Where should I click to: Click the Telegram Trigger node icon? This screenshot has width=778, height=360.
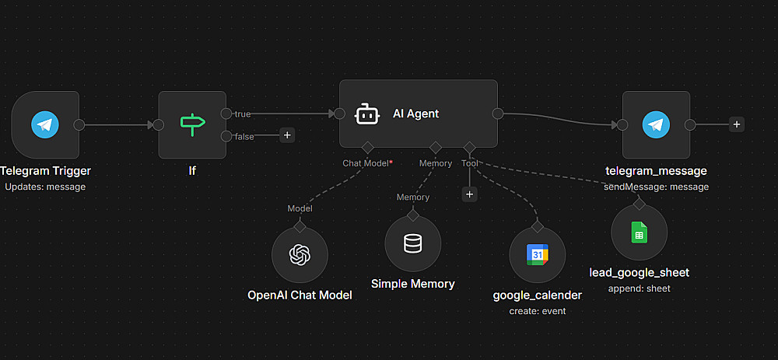(45, 124)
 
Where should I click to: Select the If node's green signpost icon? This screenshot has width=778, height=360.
(191, 124)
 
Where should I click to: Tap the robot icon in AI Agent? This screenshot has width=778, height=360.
(367, 114)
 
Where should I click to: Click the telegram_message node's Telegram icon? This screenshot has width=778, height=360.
(657, 124)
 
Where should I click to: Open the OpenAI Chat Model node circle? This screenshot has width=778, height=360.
(300, 255)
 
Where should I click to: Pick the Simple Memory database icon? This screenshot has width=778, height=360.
(413, 244)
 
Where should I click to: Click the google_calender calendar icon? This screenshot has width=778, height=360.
(537, 255)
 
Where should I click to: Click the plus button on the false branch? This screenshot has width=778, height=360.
(287, 135)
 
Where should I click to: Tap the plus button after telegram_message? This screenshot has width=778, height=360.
(736, 124)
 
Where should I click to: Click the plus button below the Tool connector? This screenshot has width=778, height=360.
(469, 194)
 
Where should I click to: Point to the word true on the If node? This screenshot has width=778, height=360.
(243, 114)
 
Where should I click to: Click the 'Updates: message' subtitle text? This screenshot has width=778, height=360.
(45, 187)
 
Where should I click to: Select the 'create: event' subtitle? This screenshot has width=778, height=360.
(538, 311)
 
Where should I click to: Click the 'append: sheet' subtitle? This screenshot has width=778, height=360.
(639, 288)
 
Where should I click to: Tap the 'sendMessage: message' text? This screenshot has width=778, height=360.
(657, 187)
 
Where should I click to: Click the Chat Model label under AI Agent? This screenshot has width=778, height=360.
(365, 163)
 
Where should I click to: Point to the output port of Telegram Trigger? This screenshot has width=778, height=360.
(79, 124)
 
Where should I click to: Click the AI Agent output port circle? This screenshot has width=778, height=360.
(498, 114)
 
